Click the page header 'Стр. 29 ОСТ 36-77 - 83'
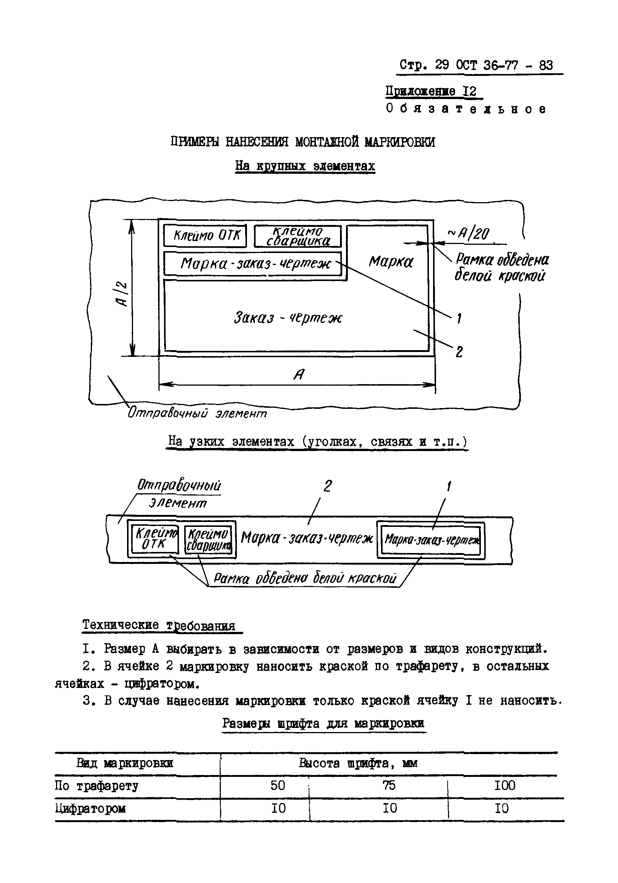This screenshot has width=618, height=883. [x=476, y=65]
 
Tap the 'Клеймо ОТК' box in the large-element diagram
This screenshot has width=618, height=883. [x=205, y=235]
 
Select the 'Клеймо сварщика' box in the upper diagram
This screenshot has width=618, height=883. [x=298, y=236]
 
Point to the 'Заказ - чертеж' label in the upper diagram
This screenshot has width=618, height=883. [x=287, y=318]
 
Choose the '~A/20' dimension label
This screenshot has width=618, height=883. [x=469, y=233]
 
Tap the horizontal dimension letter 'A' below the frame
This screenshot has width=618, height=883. [x=299, y=374]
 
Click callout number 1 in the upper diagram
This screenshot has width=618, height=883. [x=459, y=318]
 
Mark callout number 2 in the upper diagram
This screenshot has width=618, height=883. [x=459, y=352]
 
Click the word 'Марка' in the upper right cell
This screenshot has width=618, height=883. [x=391, y=262]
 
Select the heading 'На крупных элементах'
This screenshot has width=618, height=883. [x=305, y=166]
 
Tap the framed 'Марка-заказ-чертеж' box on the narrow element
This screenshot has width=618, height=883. [x=431, y=540]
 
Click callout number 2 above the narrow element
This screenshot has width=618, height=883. [x=327, y=487]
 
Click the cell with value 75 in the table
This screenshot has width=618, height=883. [x=389, y=785]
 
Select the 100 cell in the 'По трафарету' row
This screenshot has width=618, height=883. [x=504, y=785]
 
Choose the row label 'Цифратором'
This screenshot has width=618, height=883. [x=90, y=808]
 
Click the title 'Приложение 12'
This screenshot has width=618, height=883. [x=431, y=92]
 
